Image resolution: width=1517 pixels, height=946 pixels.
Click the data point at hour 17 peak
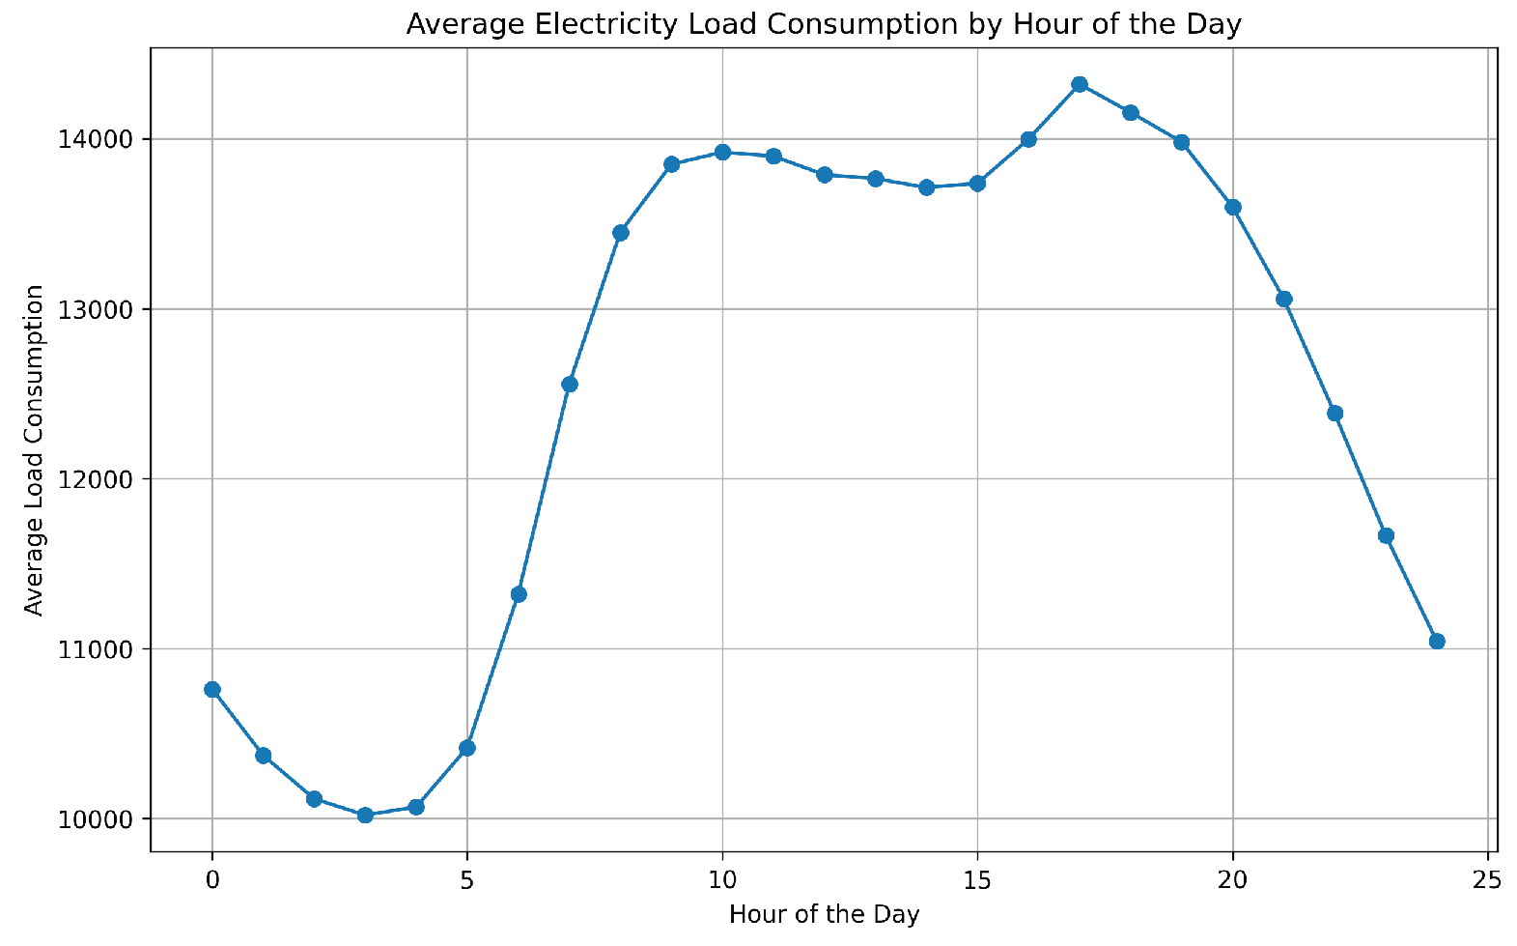[x=1080, y=84]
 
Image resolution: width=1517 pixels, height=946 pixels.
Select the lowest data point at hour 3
[x=365, y=815]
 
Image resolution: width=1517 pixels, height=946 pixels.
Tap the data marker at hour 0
[x=212, y=689]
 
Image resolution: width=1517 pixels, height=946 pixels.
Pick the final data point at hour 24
[x=1436, y=641]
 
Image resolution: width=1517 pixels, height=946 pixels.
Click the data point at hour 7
[x=570, y=384]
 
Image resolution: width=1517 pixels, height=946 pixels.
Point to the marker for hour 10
[x=722, y=152]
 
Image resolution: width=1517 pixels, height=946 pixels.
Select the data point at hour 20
[x=1232, y=207]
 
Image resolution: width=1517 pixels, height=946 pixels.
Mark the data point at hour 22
[x=1334, y=413]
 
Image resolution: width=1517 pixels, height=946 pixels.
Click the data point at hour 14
[x=926, y=187]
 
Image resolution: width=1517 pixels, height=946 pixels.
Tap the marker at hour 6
[x=519, y=594]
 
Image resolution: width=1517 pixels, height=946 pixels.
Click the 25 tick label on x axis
[x=1488, y=878]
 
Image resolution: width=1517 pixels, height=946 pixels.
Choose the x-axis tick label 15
[x=977, y=878]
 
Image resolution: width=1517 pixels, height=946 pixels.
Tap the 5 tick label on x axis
[x=467, y=878]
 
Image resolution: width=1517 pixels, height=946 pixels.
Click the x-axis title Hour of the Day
[x=824, y=914]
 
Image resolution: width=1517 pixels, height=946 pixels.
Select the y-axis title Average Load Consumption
[x=34, y=449]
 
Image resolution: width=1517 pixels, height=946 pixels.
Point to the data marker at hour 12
[x=825, y=175]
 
